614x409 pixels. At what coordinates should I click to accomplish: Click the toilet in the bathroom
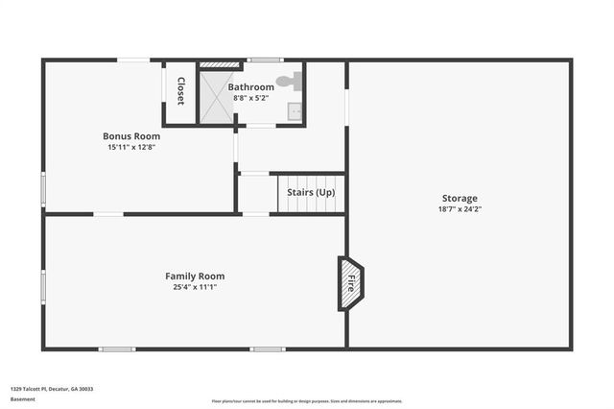[287, 83]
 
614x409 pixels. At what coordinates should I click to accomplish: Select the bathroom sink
[295, 111]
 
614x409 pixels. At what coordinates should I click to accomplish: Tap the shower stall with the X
[216, 97]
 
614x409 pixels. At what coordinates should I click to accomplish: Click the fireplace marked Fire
[350, 283]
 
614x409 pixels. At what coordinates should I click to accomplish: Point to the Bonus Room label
[131, 136]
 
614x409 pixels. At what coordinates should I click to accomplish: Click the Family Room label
[195, 277]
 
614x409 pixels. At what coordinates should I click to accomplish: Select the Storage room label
[460, 198]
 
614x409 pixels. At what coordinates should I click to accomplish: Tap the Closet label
[180, 91]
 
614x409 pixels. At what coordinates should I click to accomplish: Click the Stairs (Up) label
[311, 192]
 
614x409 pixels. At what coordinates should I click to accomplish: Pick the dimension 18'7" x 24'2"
[460, 209]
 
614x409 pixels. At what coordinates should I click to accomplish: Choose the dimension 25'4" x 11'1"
[195, 287]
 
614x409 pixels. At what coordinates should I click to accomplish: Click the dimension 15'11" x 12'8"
[131, 147]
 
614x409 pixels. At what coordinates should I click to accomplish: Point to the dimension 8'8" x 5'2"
[250, 98]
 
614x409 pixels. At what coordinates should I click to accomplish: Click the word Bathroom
[250, 87]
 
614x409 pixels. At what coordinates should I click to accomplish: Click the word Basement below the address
[22, 399]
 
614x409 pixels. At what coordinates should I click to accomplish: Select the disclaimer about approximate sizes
[307, 400]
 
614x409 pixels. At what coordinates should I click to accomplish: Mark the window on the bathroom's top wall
[265, 60]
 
